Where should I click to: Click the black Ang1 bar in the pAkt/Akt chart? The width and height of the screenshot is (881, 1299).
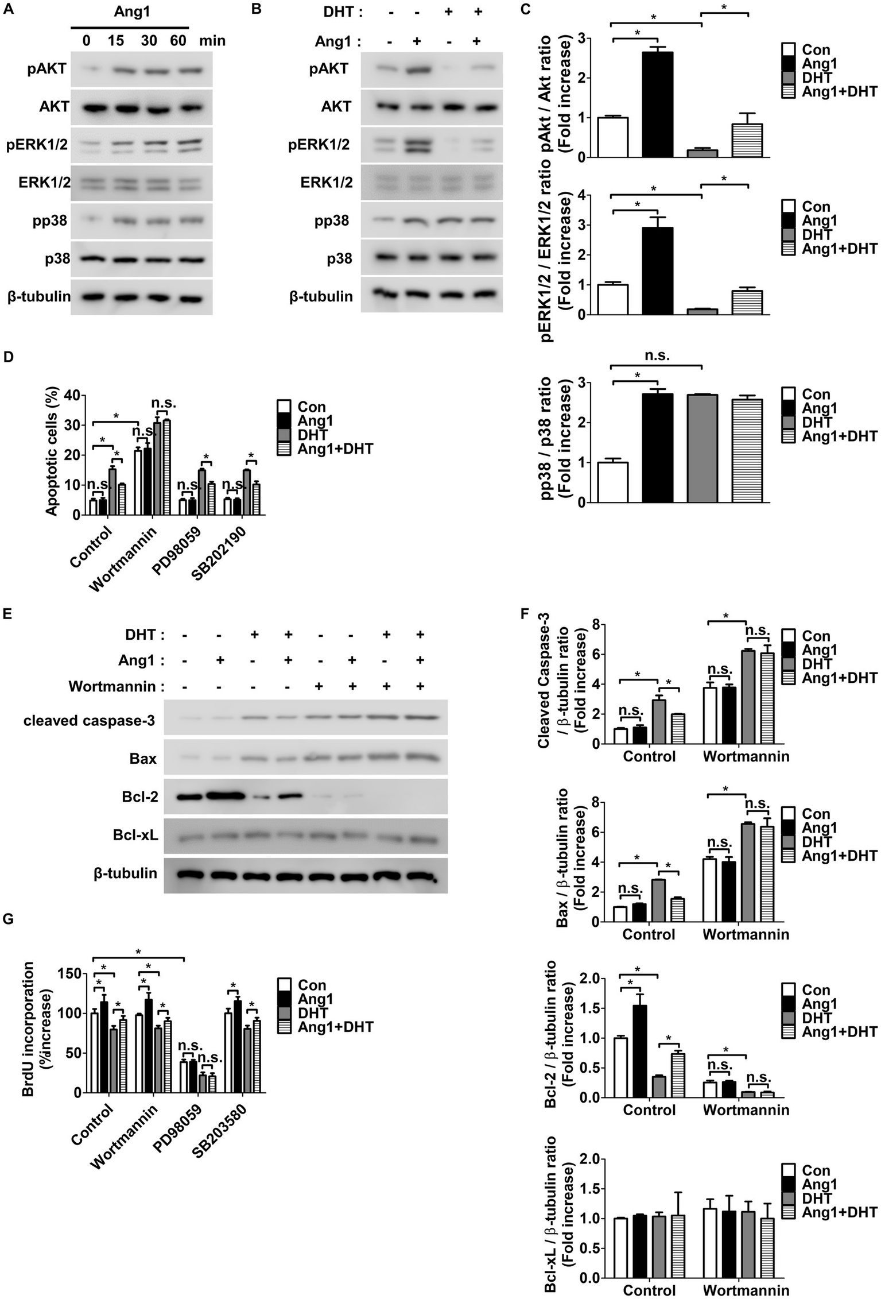click(x=658, y=104)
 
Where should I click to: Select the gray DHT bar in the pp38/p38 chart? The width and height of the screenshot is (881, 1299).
click(x=702, y=448)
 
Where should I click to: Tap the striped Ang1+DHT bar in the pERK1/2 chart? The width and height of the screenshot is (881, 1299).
click(x=747, y=302)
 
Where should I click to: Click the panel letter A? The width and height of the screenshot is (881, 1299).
click(x=7, y=11)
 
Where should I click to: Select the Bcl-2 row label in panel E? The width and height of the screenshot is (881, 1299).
click(x=140, y=797)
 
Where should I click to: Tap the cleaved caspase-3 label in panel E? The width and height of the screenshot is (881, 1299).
click(x=89, y=721)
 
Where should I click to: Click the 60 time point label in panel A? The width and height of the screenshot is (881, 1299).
click(x=178, y=41)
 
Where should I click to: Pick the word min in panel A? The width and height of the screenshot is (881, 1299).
click(x=212, y=41)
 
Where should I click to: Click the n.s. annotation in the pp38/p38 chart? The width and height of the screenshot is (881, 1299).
click(x=657, y=355)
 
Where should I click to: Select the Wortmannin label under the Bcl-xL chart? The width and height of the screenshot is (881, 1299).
click(x=746, y=1290)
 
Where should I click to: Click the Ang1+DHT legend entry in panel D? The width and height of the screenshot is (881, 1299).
click(x=335, y=449)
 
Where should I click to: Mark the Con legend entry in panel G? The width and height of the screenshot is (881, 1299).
click(x=312, y=985)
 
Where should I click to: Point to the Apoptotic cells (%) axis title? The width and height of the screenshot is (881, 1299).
click(x=52, y=454)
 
